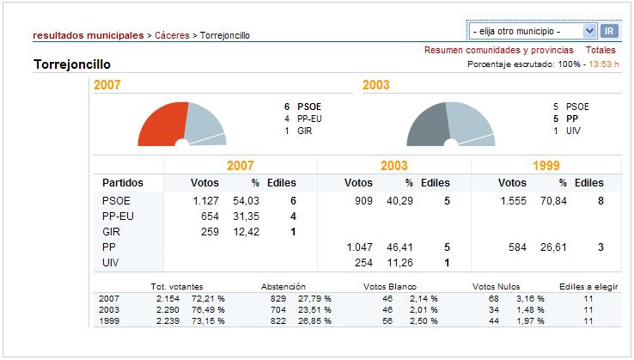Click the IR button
[609, 31]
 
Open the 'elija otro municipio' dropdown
[533, 31]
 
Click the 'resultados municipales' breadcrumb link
[88, 35]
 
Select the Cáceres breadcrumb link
[173, 35]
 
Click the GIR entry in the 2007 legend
[305, 131]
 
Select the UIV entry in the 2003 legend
[574, 131]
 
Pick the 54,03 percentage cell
[247, 201]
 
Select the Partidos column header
[122, 183]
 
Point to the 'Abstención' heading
[286, 286]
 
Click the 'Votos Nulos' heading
[497, 286]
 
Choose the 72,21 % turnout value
[210, 297]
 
